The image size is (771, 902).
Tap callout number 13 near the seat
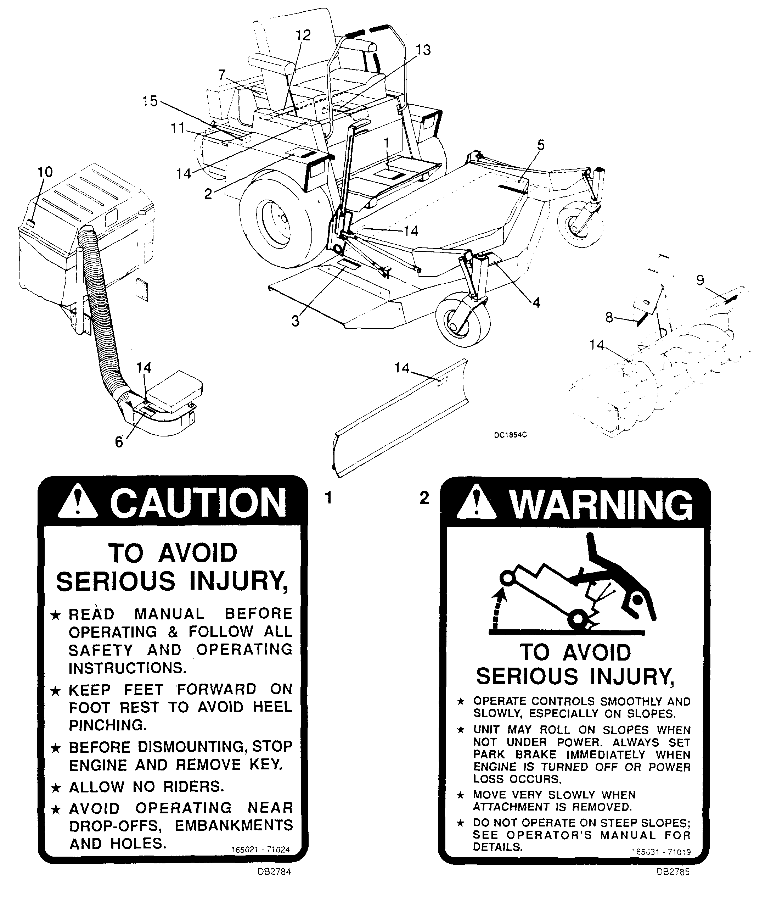[423, 50]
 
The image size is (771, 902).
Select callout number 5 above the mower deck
[541, 145]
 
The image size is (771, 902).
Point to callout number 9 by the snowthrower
[700, 280]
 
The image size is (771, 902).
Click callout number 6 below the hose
[119, 442]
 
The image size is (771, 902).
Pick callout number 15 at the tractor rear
[150, 101]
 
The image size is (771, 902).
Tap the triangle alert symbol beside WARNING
[477, 504]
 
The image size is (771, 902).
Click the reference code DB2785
[673, 872]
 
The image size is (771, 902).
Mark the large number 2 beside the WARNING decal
[424, 497]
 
